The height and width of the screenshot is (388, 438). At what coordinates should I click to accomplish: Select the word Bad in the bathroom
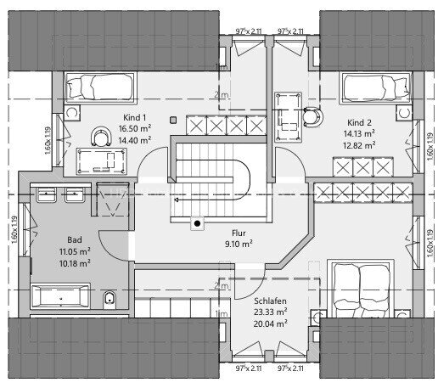[75, 240]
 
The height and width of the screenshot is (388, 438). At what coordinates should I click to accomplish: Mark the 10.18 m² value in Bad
[75, 263]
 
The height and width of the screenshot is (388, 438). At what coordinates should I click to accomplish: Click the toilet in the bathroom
[109, 299]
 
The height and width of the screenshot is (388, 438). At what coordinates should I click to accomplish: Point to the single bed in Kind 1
[96, 86]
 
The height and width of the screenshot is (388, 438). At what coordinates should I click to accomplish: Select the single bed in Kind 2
[374, 87]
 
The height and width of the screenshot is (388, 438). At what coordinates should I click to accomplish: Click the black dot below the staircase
[197, 224]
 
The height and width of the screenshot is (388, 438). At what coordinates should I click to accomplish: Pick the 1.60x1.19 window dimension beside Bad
[14, 228]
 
